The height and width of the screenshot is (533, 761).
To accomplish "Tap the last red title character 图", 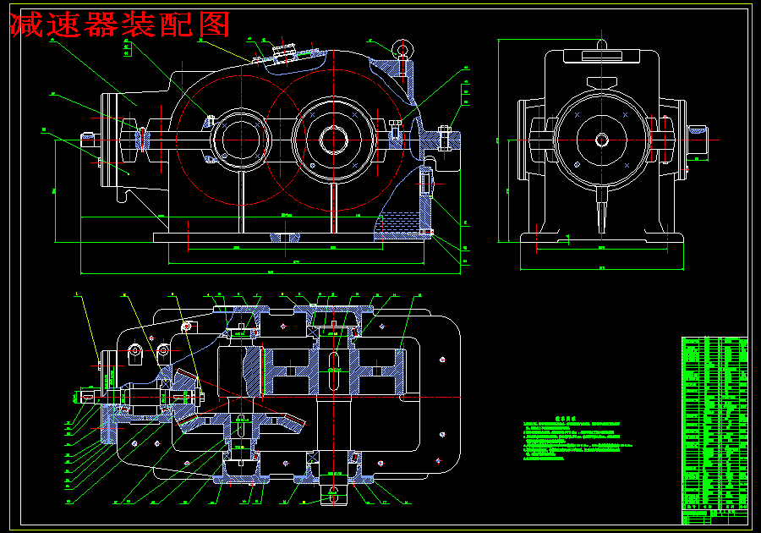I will [x=214, y=25].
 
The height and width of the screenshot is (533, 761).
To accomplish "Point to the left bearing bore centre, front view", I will [x=240, y=138].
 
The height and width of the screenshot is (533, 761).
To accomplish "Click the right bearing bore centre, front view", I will [x=332, y=138].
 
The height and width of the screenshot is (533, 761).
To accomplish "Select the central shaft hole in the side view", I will [x=601, y=139].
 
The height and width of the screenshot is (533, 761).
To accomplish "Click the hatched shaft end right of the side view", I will [x=697, y=131].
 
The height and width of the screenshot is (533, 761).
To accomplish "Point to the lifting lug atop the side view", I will [x=601, y=43].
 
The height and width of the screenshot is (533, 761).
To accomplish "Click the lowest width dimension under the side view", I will [x=601, y=268].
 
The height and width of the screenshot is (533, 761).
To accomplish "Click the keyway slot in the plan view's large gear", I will [x=334, y=370].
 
